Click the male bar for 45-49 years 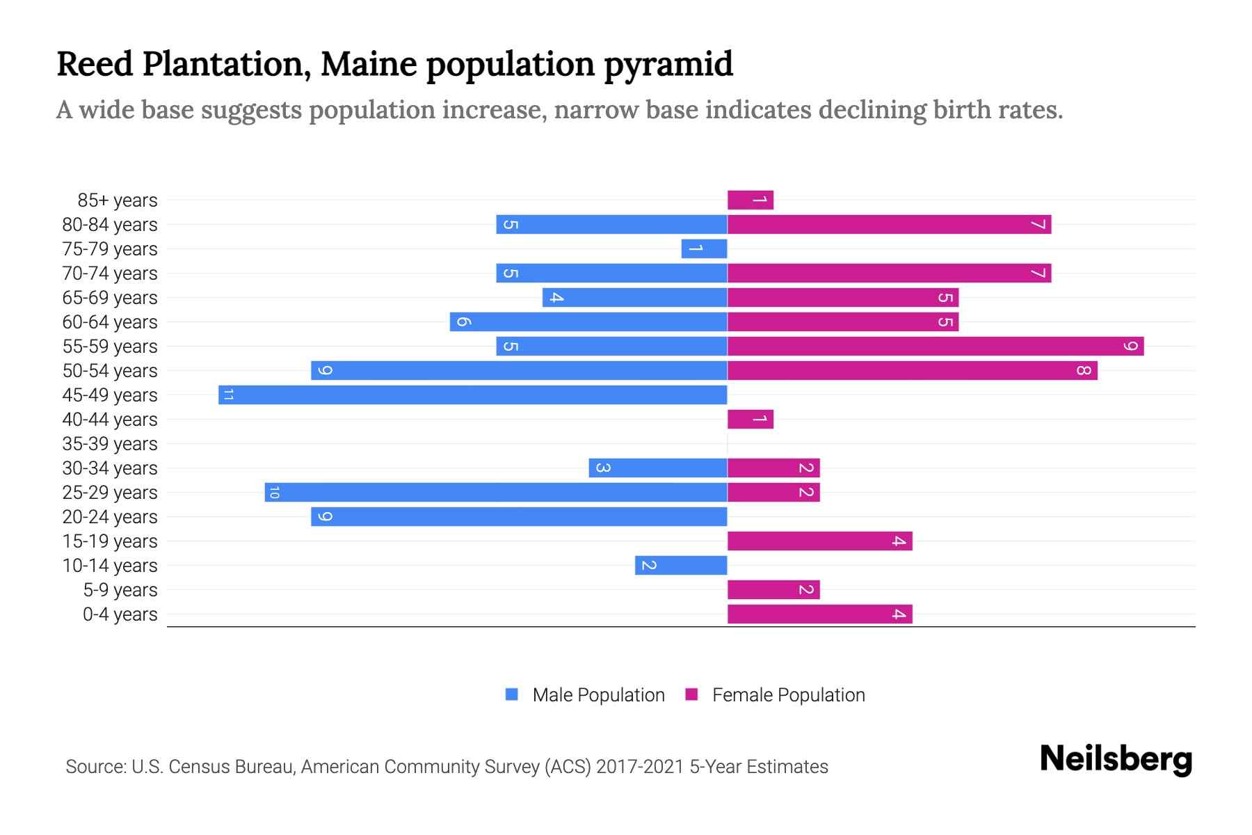click(473, 395)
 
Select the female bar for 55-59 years click(936, 347)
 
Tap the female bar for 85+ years click(751, 200)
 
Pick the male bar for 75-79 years click(704, 249)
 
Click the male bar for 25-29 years click(496, 493)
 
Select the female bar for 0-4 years click(819, 614)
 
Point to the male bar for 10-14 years click(681, 566)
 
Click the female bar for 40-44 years click(751, 420)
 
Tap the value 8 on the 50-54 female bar click(1083, 371)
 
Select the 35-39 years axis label click(110, 444)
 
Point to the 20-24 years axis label click(110, 517)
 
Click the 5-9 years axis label click(120, 590)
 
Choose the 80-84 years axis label click(110, 225)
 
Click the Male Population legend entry click(598, 695)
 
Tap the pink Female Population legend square click(691, 694)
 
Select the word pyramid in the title click(668, 64)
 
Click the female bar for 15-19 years click(819, 541)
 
